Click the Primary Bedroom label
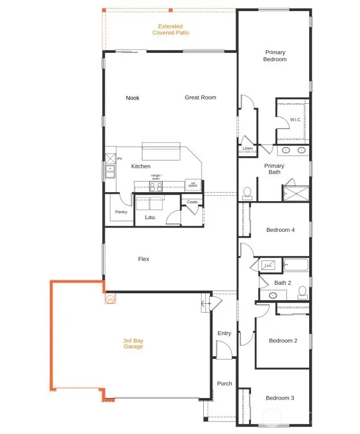click(x=275, y=56)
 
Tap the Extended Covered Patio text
click(x=170, y=29)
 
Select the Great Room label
click(x=200, y=97)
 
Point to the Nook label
click(x=132, y=98)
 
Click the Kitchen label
click(x=141, y=166)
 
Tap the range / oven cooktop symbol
click(x=156, y=186)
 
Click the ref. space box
click(x=193, y=185)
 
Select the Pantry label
click(x=121, y=212)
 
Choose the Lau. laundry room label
click(x=150, y=217)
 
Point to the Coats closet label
click(x=192, y=202)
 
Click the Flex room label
click(x=143, y=259)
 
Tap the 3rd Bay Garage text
click(x=133, y=343)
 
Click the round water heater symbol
click(x=110, y=300)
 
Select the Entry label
click(x=224, y=333)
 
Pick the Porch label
click(x=224, y=383)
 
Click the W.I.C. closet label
click(x=295, y=120)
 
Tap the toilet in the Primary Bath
click(x=247, y=193)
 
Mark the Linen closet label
click(x=247, y=149)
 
